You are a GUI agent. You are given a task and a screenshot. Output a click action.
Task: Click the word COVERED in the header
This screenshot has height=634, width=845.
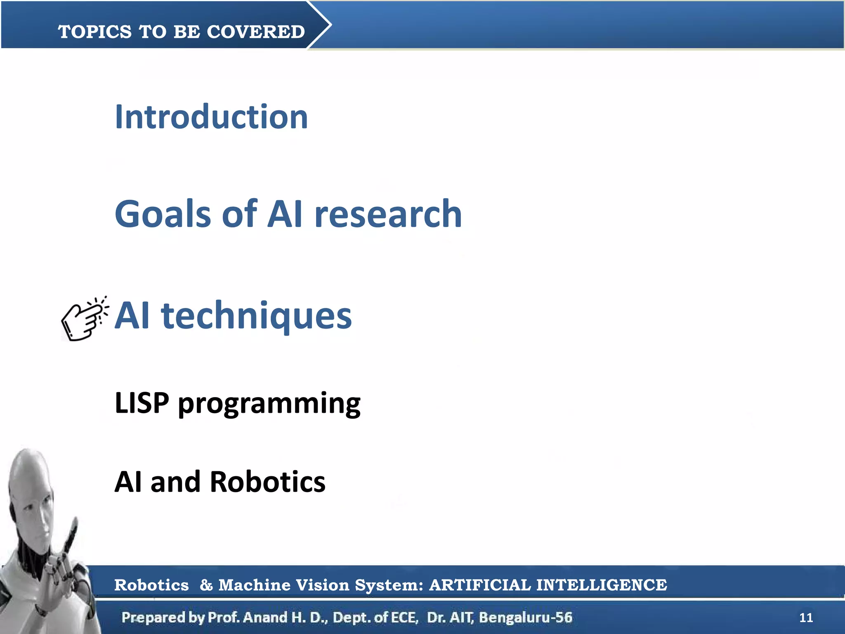(255, 32)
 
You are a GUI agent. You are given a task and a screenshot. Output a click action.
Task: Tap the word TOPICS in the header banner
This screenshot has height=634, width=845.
(95, 32)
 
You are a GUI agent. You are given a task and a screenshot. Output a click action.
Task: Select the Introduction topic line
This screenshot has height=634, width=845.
(211, 117)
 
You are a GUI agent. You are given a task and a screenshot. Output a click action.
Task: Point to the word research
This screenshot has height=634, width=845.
(388, 214)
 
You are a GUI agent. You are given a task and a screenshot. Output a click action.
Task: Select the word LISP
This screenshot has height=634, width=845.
(142, 403)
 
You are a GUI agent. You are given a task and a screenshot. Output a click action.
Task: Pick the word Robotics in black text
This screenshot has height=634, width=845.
(267, 482)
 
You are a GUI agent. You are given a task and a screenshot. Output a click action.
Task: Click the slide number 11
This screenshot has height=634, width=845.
(806, 617)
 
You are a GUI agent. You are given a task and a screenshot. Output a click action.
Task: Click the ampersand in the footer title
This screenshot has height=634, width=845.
(205, 585)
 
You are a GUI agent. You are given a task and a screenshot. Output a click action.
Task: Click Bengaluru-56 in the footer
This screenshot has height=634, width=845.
(525, 617)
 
